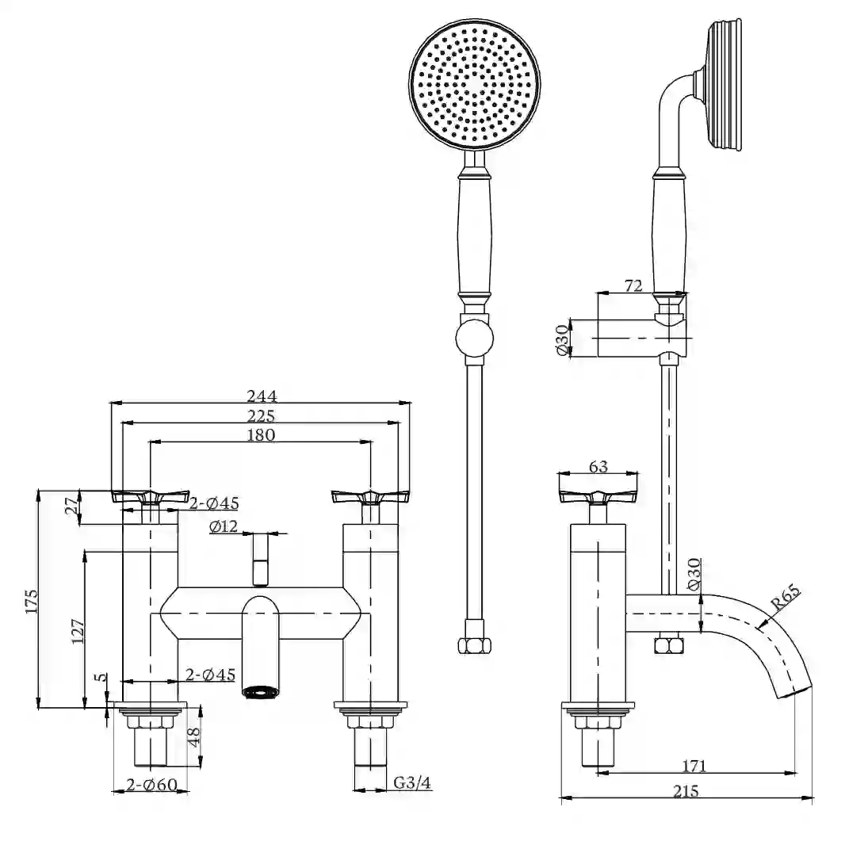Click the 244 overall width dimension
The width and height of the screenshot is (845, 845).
(262, 396)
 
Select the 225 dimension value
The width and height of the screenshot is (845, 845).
(261, 416)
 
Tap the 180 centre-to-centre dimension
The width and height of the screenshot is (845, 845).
(261, 435)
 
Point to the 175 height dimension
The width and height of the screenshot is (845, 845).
(31, 601)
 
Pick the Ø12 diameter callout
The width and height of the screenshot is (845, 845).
(224, 526)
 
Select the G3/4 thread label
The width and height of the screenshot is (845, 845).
(412, 782)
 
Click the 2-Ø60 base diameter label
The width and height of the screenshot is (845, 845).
(151, 785)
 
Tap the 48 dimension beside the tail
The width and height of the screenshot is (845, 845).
(194, 736)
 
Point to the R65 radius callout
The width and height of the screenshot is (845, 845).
(786, 598)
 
